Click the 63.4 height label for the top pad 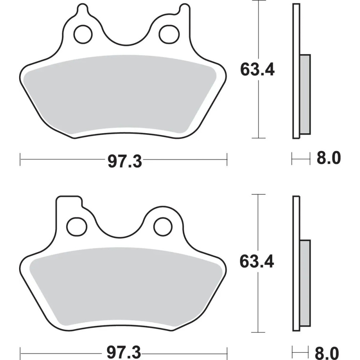click(257, 70)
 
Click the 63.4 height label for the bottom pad click(257, 262)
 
